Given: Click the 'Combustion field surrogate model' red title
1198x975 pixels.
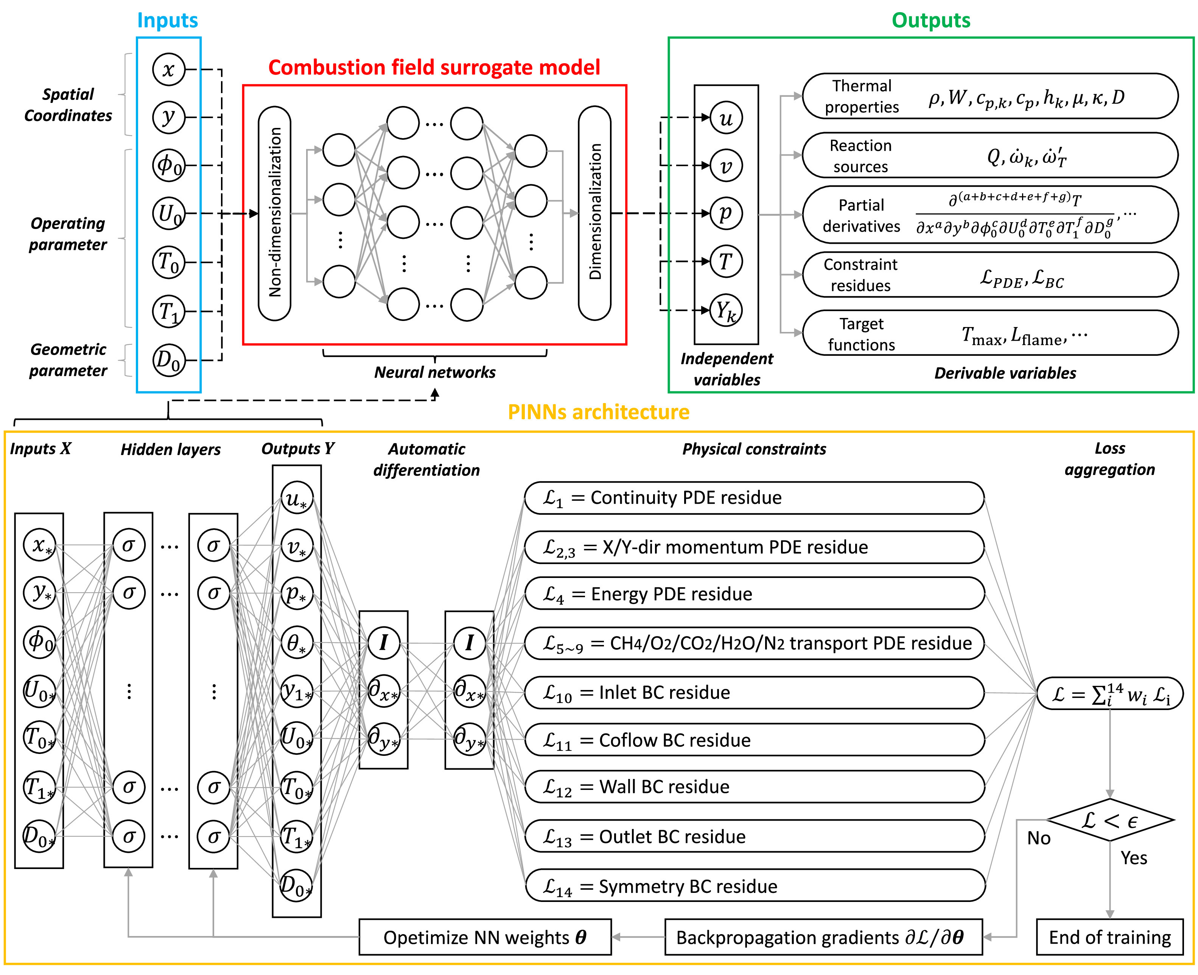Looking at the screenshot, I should click(434, 67).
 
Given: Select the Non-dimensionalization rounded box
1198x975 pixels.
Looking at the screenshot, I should click(274, 213).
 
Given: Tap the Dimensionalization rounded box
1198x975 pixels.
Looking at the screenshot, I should click(594, 213).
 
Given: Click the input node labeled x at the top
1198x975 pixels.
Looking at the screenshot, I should click(168, 70).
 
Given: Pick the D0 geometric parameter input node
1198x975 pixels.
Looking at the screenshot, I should click(168, 360).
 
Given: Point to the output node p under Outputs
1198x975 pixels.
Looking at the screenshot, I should click(726, 213).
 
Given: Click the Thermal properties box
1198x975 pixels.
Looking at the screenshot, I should click(990, 97).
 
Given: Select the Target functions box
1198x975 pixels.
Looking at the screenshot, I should click(990, 333).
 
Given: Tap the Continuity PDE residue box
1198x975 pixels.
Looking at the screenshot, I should click(754, 498).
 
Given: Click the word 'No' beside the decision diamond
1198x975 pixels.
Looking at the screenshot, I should click(1039, 838).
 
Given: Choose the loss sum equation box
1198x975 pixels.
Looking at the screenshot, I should click(1110, 694).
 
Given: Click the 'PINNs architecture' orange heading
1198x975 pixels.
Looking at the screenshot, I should click(599, 412).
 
